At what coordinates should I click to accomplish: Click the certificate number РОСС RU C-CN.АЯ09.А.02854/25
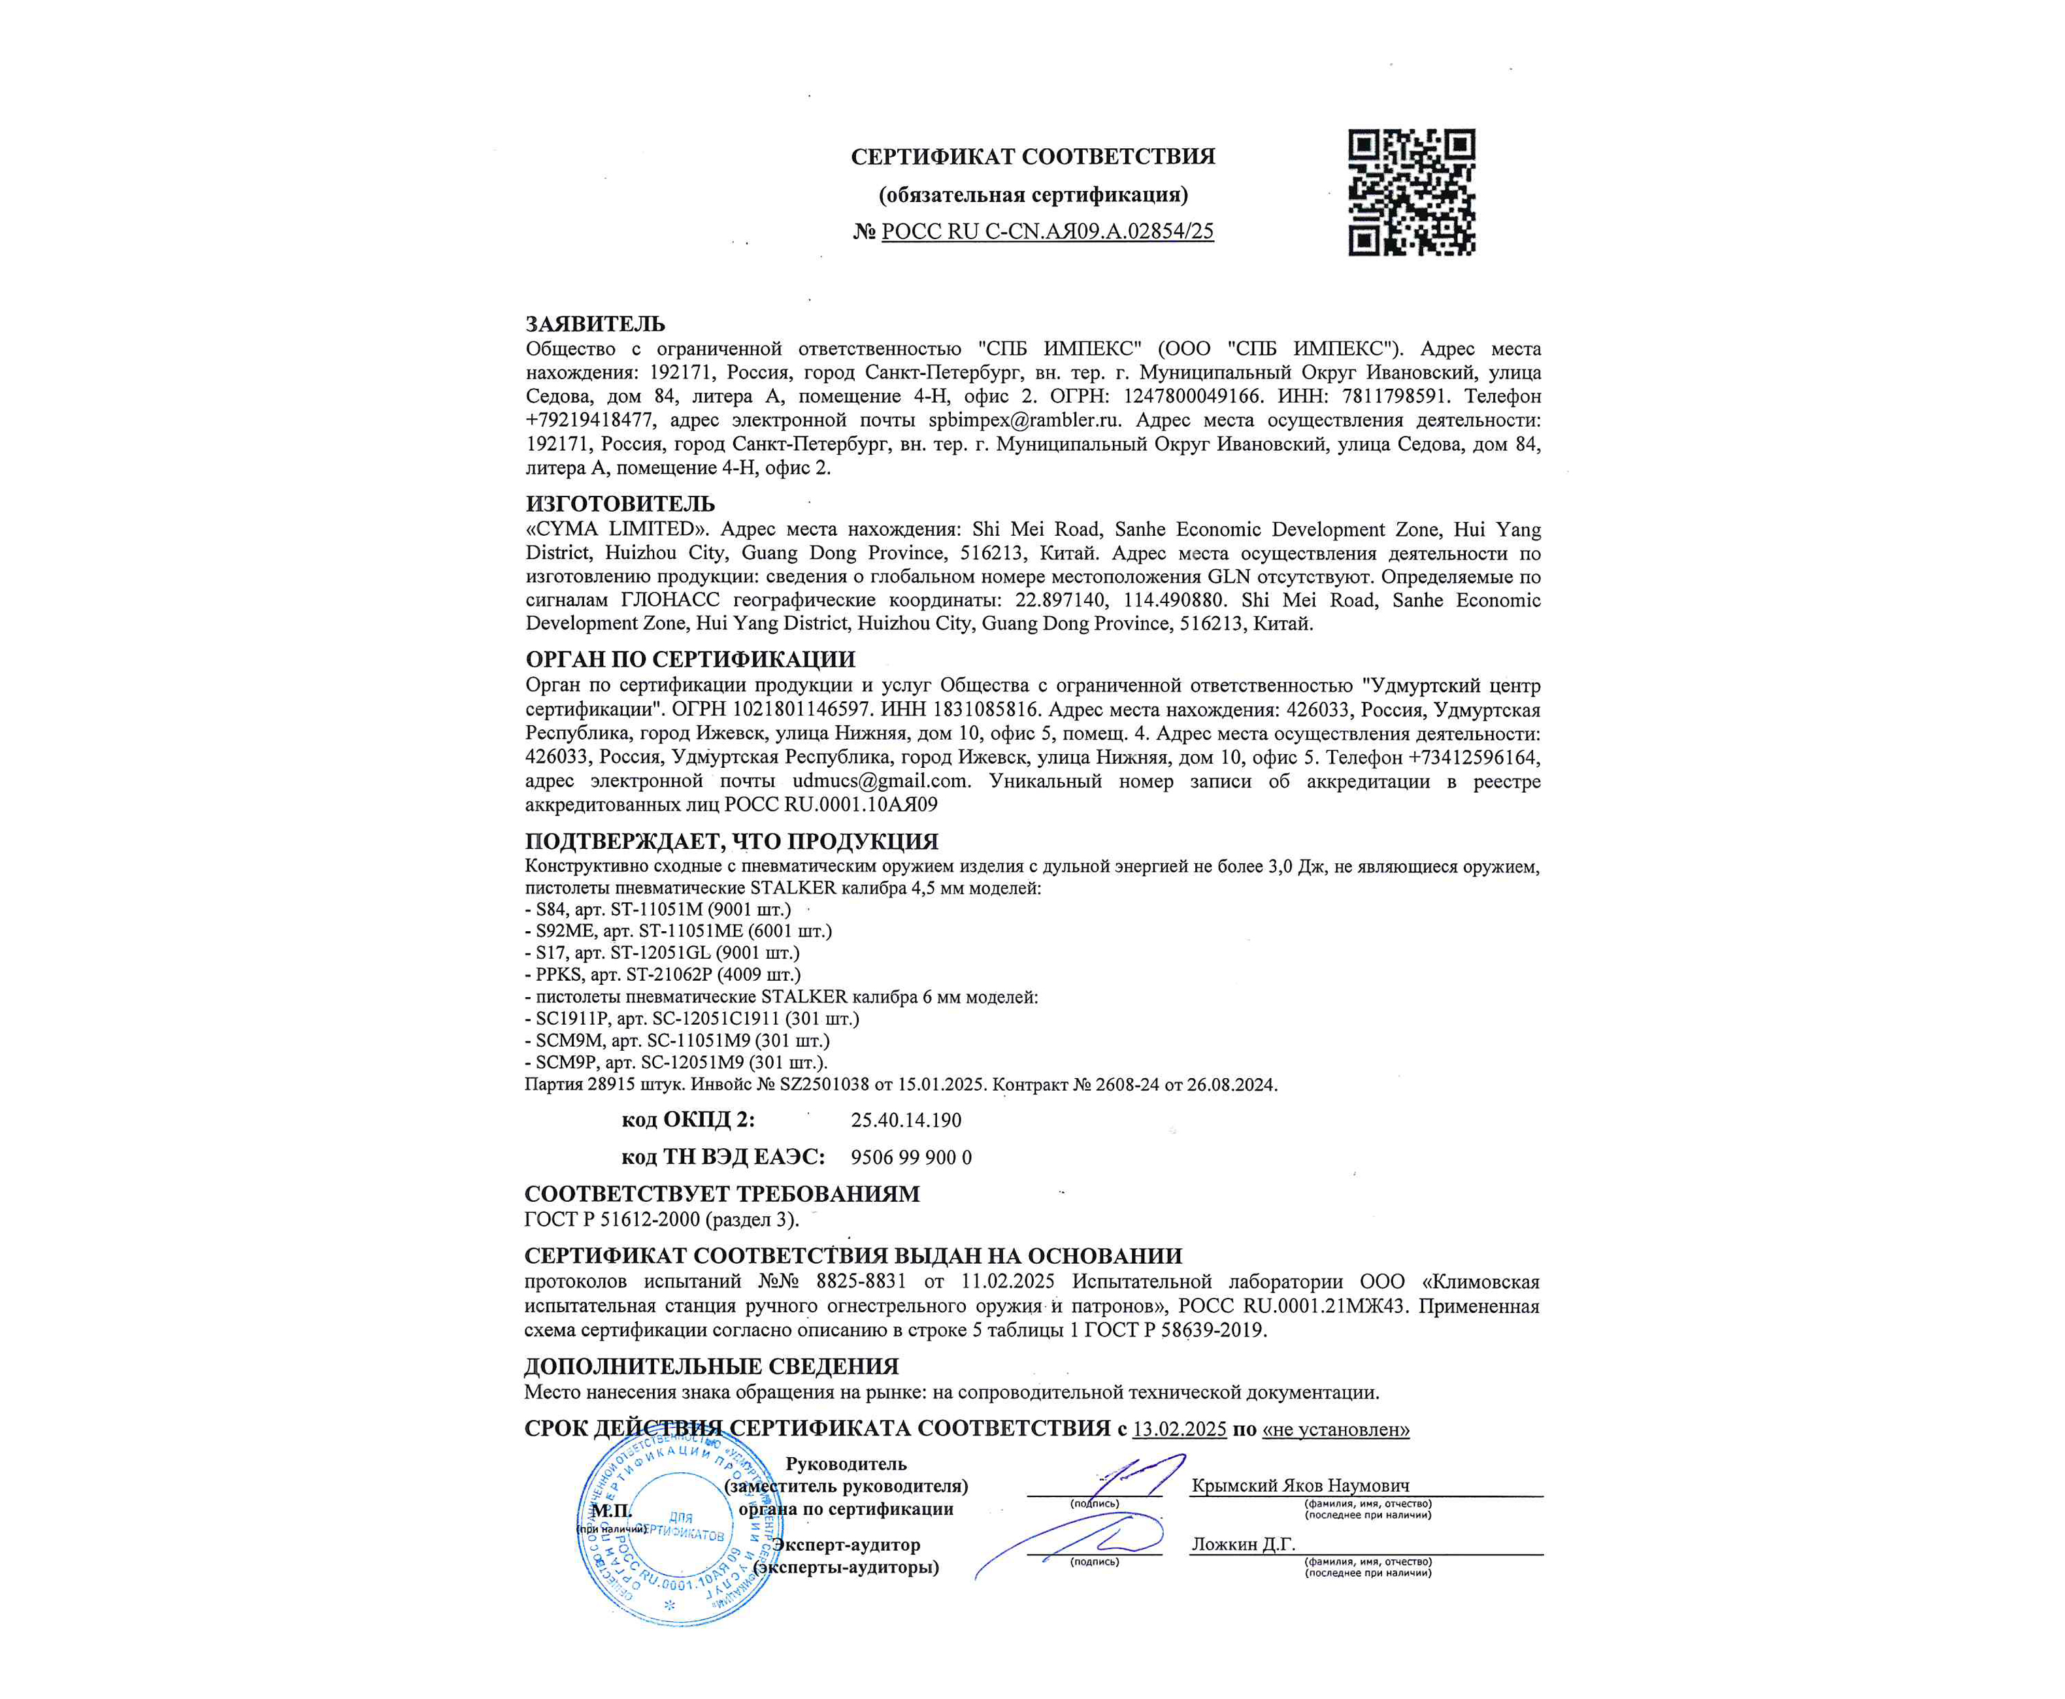(x=1047, y=232)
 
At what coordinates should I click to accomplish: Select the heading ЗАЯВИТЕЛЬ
(x=595, y=324)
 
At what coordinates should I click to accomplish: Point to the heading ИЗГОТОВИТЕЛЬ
(x=619, y=504)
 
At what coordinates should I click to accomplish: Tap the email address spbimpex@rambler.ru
(x=1024, y=421)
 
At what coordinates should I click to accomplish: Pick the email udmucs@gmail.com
(x=881, y=781)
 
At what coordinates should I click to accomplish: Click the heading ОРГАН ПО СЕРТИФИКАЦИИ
(x=690, y=659)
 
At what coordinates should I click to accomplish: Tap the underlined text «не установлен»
(x=1336, y=1430)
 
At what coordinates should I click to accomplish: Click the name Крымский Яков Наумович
(x=1300, y=1486)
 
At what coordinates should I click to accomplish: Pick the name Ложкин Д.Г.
(x=1243, y=1544)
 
